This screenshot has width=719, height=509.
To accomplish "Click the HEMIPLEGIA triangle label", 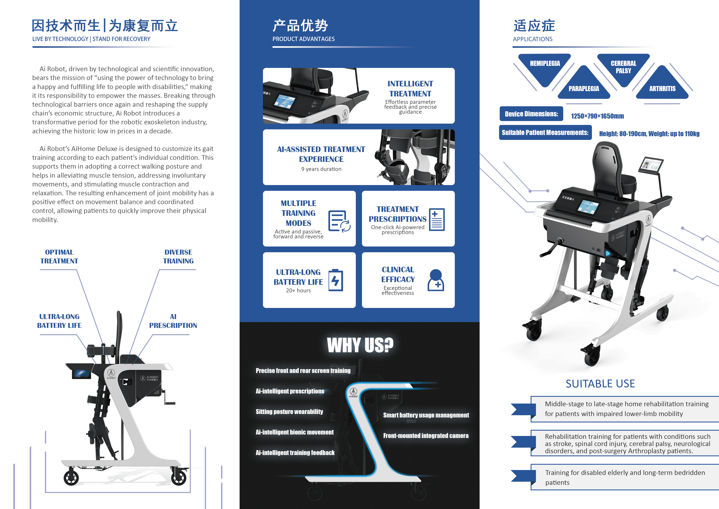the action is (x=545, y=63).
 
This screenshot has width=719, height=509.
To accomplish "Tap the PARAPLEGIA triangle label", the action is (x=584, y=89).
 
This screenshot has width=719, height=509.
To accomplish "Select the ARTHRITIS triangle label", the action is (x=662, y=89).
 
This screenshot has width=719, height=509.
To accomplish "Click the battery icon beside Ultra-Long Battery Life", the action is (x=336, y=280).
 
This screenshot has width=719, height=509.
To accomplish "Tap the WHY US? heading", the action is (x=360, y=345).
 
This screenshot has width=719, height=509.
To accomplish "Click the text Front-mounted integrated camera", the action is (x=426, y=436).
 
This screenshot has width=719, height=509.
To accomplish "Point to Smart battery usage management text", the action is (x=426, y=415).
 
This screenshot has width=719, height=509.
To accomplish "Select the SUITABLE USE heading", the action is (x=600, y=384).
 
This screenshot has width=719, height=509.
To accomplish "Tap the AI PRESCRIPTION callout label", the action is (x=173, y=321).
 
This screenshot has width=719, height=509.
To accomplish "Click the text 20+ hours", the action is (x=298, y=291).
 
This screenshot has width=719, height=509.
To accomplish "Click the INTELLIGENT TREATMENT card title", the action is (x=410, y=89).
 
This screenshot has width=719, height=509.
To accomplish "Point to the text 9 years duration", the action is (x=321, y=169).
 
